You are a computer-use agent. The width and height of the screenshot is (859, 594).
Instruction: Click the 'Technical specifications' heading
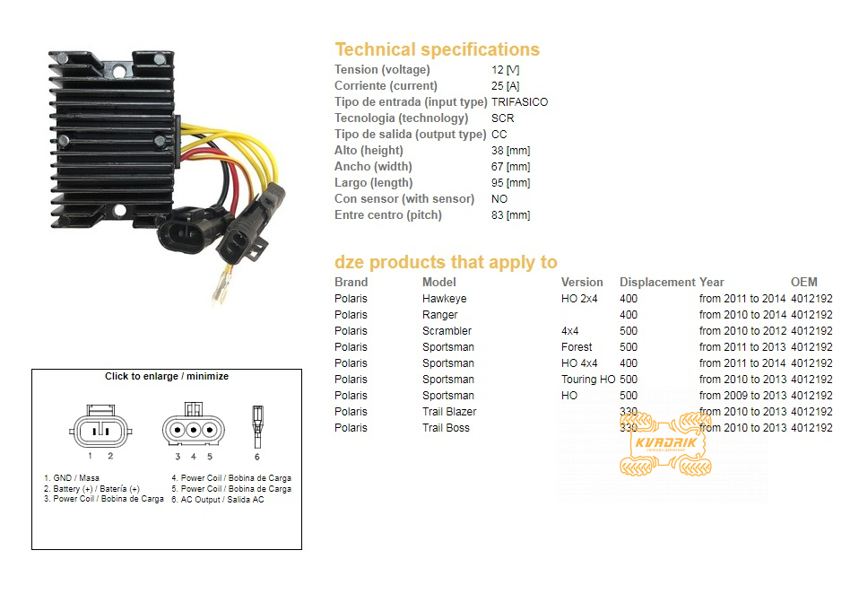(x=438, y=49)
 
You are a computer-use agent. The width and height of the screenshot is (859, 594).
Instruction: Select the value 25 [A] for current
(x=505, y=86)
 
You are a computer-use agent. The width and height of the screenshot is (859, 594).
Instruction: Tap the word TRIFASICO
(x=519, y=102)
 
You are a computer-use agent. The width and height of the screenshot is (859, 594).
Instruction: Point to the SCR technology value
(x=502, y=118)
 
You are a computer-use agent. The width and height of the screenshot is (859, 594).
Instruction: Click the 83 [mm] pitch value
(x=510, y=215)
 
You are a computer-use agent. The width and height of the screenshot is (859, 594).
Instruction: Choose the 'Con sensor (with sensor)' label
(x=404, y=199)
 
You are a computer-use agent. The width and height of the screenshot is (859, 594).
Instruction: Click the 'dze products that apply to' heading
(x=446, y=262)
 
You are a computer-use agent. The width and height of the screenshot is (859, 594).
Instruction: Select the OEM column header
(x=803, y=283)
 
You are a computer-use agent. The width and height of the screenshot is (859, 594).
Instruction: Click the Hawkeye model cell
(x=444, y=299)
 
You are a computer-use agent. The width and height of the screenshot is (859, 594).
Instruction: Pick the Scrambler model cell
(x=447, y=331)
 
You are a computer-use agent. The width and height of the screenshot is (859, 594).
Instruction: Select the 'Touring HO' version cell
(x=588, y=380)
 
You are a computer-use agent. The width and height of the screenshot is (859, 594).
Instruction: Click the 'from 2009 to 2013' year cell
(x=742, y=396)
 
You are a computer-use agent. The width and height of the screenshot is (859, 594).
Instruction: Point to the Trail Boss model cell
(x=446, y=428)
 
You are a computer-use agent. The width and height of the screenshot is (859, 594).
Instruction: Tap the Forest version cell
(x=577, y=347)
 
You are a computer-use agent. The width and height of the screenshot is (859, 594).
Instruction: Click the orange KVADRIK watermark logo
(x=665, y=443)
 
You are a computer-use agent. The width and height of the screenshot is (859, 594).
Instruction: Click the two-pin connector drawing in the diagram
(x=100, y=429)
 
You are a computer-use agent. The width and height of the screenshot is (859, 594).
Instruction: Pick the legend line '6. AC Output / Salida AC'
(x=218, y=499)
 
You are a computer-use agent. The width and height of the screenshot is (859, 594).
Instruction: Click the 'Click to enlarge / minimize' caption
(x=167, y=377)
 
